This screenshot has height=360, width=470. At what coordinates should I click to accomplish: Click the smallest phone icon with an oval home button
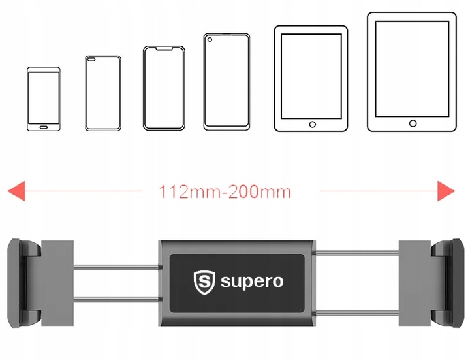[44, 99]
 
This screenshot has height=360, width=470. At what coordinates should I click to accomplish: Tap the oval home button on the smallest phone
[44, 127]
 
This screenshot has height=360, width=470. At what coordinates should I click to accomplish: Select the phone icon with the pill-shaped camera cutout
[103, 93]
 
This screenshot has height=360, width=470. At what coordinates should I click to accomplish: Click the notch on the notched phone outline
[164, 48]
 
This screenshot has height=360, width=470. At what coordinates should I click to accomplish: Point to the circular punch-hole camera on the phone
[210, 39]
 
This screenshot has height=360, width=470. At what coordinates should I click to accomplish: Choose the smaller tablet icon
[311, 78]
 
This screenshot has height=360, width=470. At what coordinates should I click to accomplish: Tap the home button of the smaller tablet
[312, 125]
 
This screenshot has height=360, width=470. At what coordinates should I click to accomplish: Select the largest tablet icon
[412, 72]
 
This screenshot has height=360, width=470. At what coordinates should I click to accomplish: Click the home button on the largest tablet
[413, 123]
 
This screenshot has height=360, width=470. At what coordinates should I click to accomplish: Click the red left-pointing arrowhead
[16, 191]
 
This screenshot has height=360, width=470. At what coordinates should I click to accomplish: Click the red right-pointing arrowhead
[446, 191]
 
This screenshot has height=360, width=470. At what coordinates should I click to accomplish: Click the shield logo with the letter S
[204, 283]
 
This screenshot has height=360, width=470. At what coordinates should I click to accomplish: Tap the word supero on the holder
[252, 282]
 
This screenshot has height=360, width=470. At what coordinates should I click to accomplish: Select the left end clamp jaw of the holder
[24, 283]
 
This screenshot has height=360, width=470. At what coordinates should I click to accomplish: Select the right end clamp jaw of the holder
[447, 283]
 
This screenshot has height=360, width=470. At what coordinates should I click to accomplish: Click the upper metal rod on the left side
[116, 267]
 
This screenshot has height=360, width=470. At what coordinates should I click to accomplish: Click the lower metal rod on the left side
[116, 299]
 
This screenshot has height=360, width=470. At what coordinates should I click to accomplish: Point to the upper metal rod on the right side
[356, 253]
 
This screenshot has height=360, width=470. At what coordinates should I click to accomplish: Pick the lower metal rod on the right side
[356, 314]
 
